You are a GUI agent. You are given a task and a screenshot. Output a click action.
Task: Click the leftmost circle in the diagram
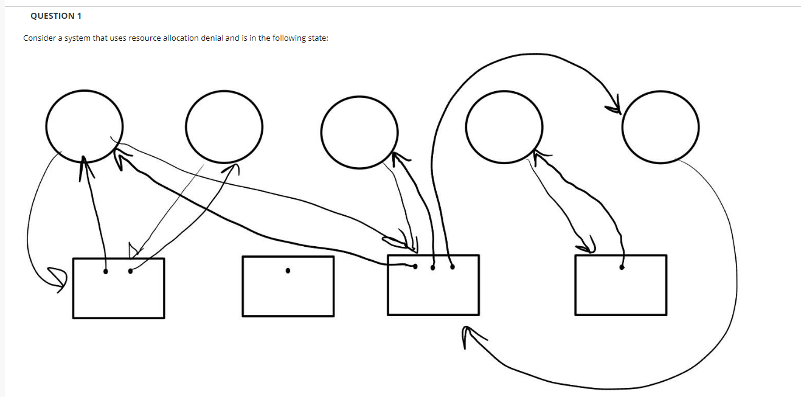click(84, 125)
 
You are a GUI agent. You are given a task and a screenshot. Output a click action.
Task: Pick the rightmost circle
click(660, 127)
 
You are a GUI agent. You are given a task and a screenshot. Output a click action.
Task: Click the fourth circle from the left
click(504, 126)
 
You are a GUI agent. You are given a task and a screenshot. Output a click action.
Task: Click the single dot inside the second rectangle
click(288, 271)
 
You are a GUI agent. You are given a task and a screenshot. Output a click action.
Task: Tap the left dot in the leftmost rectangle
click(106, 272)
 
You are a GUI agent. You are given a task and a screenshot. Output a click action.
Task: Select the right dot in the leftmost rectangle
click(130, 271)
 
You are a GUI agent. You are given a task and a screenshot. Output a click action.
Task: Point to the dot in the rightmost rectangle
click(621, 267)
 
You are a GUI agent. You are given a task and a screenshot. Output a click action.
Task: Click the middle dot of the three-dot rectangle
click(433, 267)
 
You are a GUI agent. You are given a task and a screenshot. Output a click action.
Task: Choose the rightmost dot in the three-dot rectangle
click(451, 266)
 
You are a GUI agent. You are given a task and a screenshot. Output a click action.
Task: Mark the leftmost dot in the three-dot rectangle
click(415, 266)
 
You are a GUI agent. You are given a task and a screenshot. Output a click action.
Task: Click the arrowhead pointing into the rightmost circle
click(614, 105)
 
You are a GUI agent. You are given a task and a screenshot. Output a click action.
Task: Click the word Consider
click(39, 38)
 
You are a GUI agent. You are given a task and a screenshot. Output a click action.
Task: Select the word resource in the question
click(145, 38)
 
